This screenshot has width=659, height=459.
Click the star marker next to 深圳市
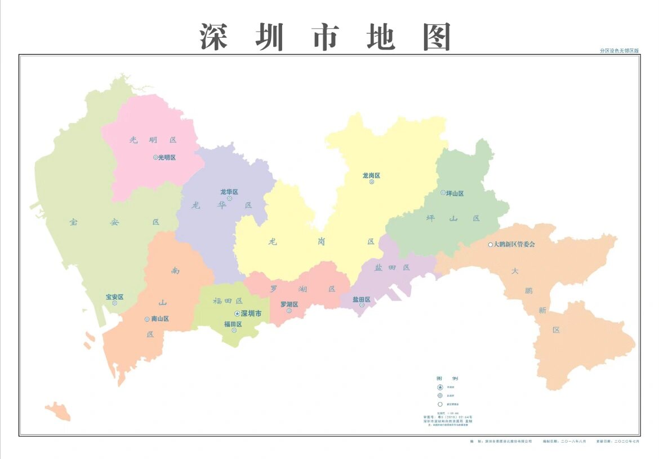pyautogui.click(x=237, y=314)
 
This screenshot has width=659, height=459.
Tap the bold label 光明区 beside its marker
pyautogui.click(x=167, y=157)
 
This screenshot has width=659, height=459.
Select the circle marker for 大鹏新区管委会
pyautogui.click(x=490, y=245)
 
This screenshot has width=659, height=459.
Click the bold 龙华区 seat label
pyautogui.click(x=229, y=192)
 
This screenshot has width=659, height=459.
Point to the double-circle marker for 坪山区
pyautogui.click(x=443, y=193)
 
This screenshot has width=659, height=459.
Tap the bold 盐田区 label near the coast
pyautogui.click(x=362, y=299)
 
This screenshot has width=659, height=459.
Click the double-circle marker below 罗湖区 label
pyautogui.click(x=289, y=311)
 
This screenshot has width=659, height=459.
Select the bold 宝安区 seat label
pyautogui.click(x=114, y=297)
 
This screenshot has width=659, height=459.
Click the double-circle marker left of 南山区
pyautogui.click(x=147, y=319)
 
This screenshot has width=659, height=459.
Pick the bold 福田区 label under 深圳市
pyautogui.click(x=233, y=324)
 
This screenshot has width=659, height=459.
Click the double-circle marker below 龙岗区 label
pyautogui.click(x=372, y=182)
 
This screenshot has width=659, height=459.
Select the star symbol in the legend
pyautogui.click(x=440, y=387)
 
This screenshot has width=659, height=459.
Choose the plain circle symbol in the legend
pyautogui.click(x=440, y=404)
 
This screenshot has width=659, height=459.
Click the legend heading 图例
pyautogui.click(x=447, y=378)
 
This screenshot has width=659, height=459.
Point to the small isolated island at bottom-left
pyautogui.click(x=58, y=411)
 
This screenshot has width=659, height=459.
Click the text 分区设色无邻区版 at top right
pyautogui.click(x=619, y=51)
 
